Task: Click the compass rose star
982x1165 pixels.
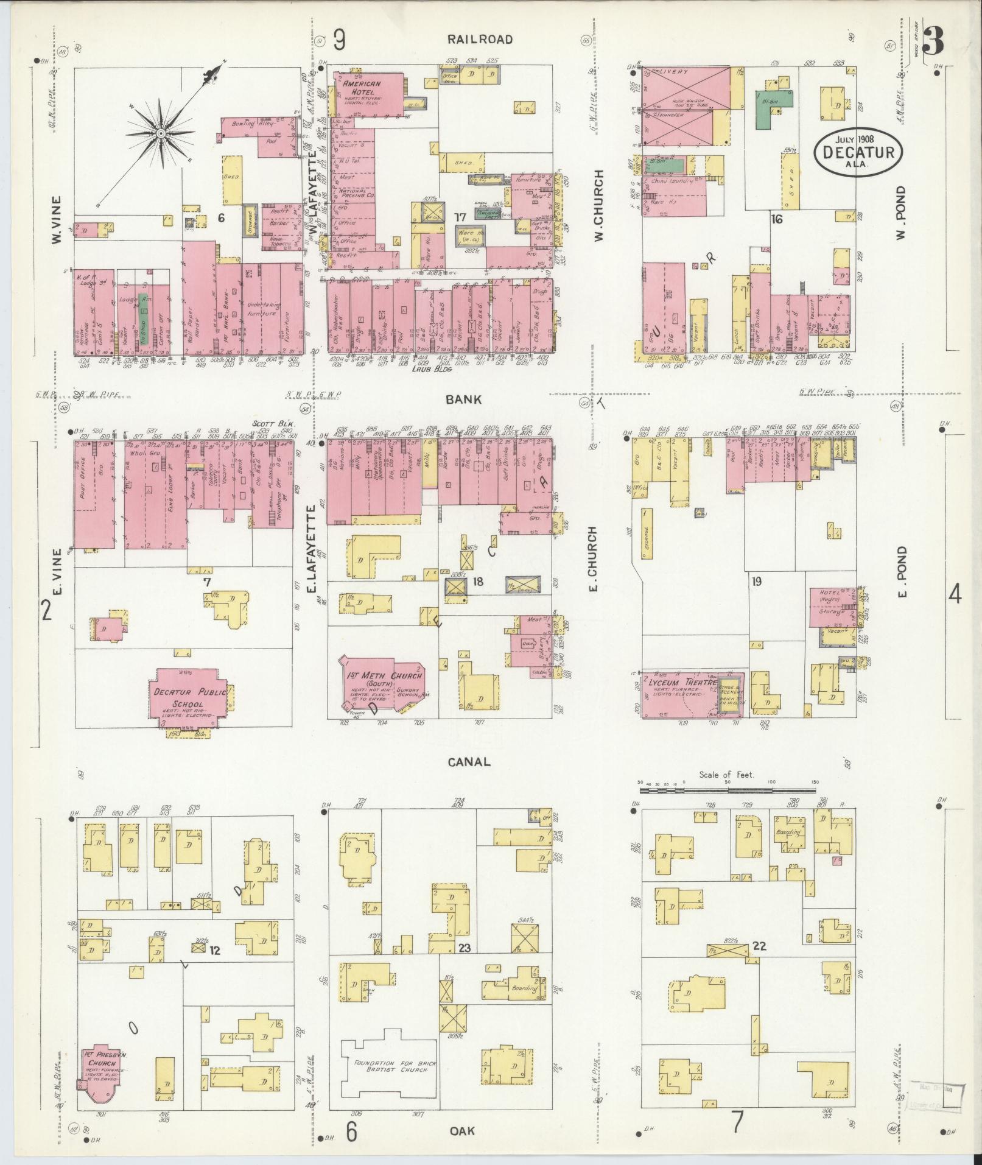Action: click(x=161, y=133)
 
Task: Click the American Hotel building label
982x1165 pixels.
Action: click(x=362, y=86)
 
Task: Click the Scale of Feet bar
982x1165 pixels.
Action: click(x=727, y=789)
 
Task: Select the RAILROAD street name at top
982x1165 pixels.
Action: click(x=480, y=40)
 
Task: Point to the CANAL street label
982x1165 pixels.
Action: click(x=468, y=762)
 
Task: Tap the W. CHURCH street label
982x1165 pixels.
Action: click(x=599, y=205)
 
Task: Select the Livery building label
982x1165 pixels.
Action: click(x=676, y=72)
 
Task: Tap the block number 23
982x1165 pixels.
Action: click(x=465, y=965)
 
